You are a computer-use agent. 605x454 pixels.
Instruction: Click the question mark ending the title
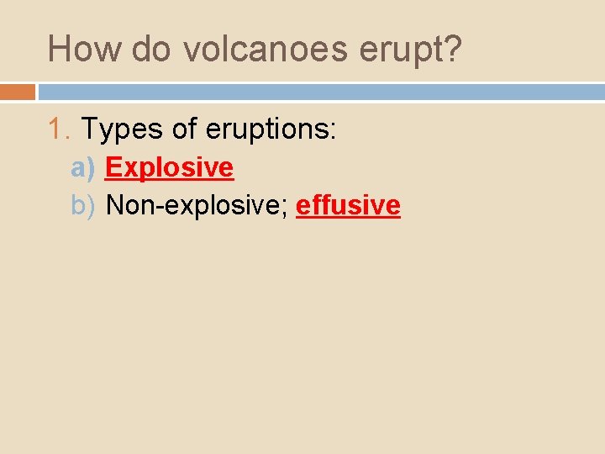pyautogui.click(x=452, y=50)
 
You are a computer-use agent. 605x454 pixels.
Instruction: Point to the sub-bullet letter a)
pyautogui.click(x=83, y=168)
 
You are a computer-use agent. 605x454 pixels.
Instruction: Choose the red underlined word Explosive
pyautogui.click(x=169, y=168)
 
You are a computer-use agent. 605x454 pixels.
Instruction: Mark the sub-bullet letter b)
pyautogui.click(x=83, y=205)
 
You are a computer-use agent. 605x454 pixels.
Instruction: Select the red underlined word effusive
pyautogui.click(x=348, y=205)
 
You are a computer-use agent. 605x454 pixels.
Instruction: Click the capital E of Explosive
pyautogui.click(x=113, y=167)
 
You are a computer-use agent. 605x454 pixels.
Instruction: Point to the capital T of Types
pyautogui.click(x=89, y=129)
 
